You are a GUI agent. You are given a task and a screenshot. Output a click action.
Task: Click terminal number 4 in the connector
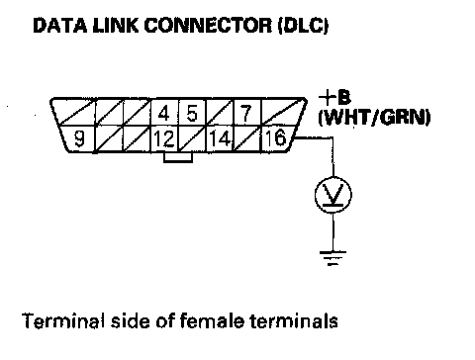point(164,113)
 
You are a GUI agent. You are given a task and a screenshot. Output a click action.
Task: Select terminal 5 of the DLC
point(192,113)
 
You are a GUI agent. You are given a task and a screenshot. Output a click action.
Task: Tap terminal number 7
point(246,113)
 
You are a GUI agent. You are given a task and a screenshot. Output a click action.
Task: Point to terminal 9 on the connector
point(79,138)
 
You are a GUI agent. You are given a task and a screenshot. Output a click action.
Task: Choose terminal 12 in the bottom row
point(164,138)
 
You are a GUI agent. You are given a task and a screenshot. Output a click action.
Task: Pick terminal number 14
point(220,138)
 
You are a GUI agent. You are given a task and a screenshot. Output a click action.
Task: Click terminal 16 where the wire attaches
point(276,138)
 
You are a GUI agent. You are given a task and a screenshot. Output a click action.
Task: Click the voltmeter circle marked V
point(333,194)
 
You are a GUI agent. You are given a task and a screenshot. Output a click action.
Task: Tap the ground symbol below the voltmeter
point(332,258)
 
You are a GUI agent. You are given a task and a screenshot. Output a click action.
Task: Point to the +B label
point(334,97)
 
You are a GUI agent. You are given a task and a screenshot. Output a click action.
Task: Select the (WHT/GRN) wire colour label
point(374,117)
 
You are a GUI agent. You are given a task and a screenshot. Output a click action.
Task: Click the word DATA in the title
point(60,25)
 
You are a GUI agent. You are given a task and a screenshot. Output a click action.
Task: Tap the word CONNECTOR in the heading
point(208,25)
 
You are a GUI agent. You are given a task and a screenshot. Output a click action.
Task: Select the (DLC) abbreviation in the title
point(304,26)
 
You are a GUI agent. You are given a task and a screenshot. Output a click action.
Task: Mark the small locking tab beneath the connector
point(178,157)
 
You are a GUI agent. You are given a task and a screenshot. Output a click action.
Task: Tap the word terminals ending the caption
point(294,320)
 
